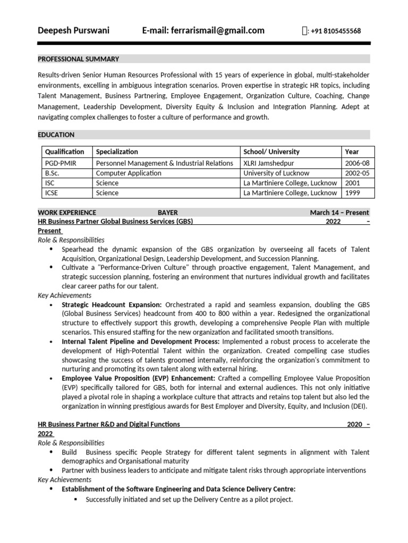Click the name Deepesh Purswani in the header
(73, 31)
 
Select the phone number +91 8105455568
(336, 31)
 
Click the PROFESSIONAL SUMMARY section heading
(78, 59)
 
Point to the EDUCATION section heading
(56, 135)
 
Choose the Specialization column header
(117, 152)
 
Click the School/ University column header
(271, 152)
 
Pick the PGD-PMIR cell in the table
(61, 163)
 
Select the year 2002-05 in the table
(358, 173)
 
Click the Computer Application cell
(129, 173)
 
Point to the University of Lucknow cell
(276, 173)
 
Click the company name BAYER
(167, 213)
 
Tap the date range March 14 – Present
(339, 213)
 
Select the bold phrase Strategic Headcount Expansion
(112, 305)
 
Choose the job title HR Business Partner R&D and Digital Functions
(109, 424)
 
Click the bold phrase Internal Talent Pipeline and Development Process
(141, 341)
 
